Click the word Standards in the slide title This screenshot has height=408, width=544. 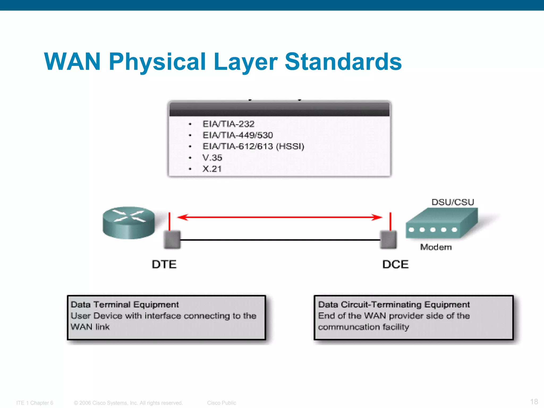click(x=343, y=62)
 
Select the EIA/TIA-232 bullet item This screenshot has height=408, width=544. click(x=228, y=124)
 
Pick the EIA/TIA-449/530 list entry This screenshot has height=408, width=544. click(x=237, y=135)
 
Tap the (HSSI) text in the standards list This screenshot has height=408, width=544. click(x=290, y=146)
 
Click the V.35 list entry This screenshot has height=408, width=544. click(x=212, y=158)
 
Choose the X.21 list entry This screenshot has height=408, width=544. click(x=212, y=169)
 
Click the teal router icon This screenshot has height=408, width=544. click(x=129, y=223)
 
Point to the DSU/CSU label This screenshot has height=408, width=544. click(x=453, y=202)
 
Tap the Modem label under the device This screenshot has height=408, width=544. click(x=436, y=247)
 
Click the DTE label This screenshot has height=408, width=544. click(x=164, y=265)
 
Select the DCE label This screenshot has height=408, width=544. click(x=395, y=265)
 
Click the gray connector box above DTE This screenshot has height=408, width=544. click(x=172, y=240)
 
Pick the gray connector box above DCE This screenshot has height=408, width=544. click(x=388, y=240)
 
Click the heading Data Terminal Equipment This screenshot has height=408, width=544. click(x=125, y=304)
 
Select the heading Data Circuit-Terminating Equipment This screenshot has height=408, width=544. click(x=394, y=304)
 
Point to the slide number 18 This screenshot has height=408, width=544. click(x=534, y=401)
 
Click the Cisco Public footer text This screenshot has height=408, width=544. click(x=222, y=403)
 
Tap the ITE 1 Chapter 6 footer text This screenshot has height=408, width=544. click(x=35, y=403)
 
